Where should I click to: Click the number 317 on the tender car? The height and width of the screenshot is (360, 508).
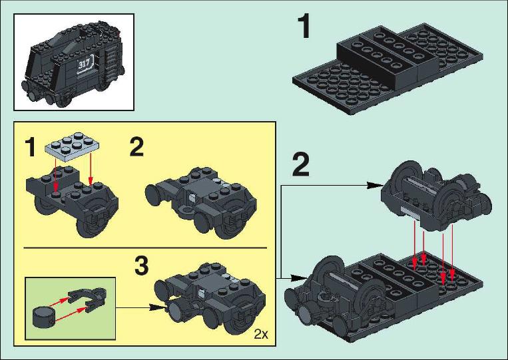(84, 64)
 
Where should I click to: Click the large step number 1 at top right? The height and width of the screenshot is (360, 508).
(304, 27)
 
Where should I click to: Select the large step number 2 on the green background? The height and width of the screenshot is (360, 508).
(301, 165)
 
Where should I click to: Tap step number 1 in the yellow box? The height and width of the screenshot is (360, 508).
(31, 147)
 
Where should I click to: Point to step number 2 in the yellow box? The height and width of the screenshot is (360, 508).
(136, 146)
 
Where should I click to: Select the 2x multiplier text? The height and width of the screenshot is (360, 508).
(261, 334)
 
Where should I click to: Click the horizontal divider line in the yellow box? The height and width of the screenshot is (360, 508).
(145, 248)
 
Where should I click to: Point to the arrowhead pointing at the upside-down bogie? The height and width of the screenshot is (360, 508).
(373, 186)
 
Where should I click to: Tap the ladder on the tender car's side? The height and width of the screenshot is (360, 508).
(113, 64)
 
